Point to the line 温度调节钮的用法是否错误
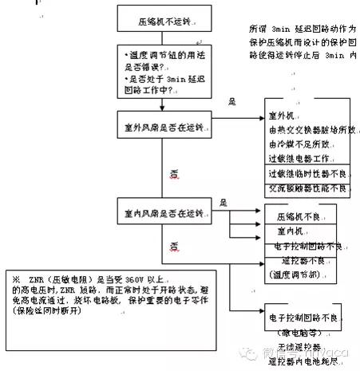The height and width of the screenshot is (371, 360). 167,56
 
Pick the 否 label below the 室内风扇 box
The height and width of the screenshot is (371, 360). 172,243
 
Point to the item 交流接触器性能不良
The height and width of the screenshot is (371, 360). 307,188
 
